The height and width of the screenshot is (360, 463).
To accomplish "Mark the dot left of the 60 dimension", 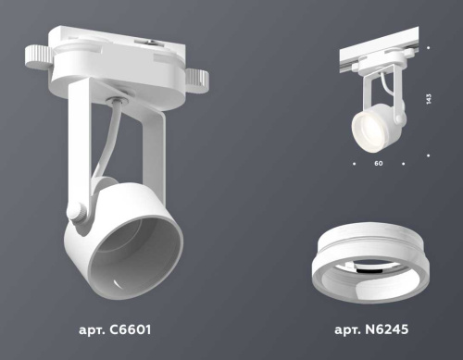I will coord(355,164).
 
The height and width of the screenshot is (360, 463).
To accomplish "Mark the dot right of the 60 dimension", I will coord(404,164).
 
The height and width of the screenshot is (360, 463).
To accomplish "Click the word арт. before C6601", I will coord(94,329).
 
